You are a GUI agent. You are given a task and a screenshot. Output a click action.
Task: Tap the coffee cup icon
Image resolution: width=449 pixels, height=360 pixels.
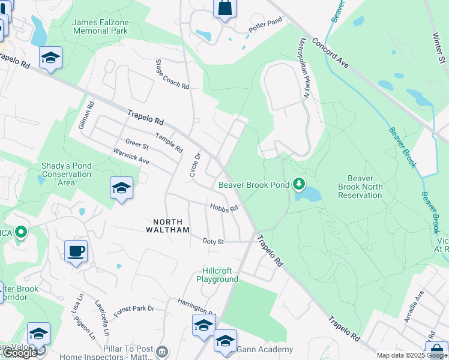(76, 251)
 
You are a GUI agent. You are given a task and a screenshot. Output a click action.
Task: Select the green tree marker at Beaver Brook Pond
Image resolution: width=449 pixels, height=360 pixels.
(298, 184)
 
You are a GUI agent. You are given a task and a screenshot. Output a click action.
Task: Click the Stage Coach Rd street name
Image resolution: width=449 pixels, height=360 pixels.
(172, 74)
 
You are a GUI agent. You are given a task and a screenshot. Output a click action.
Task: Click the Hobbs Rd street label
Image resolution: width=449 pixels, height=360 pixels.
(224, 208)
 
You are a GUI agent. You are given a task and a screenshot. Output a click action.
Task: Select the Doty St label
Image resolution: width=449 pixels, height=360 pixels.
(213, 241)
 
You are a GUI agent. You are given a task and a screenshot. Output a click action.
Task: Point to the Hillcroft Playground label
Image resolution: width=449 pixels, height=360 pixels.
(217, 275)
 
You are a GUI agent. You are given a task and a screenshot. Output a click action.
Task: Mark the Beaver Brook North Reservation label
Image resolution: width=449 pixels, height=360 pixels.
(360, 187)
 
